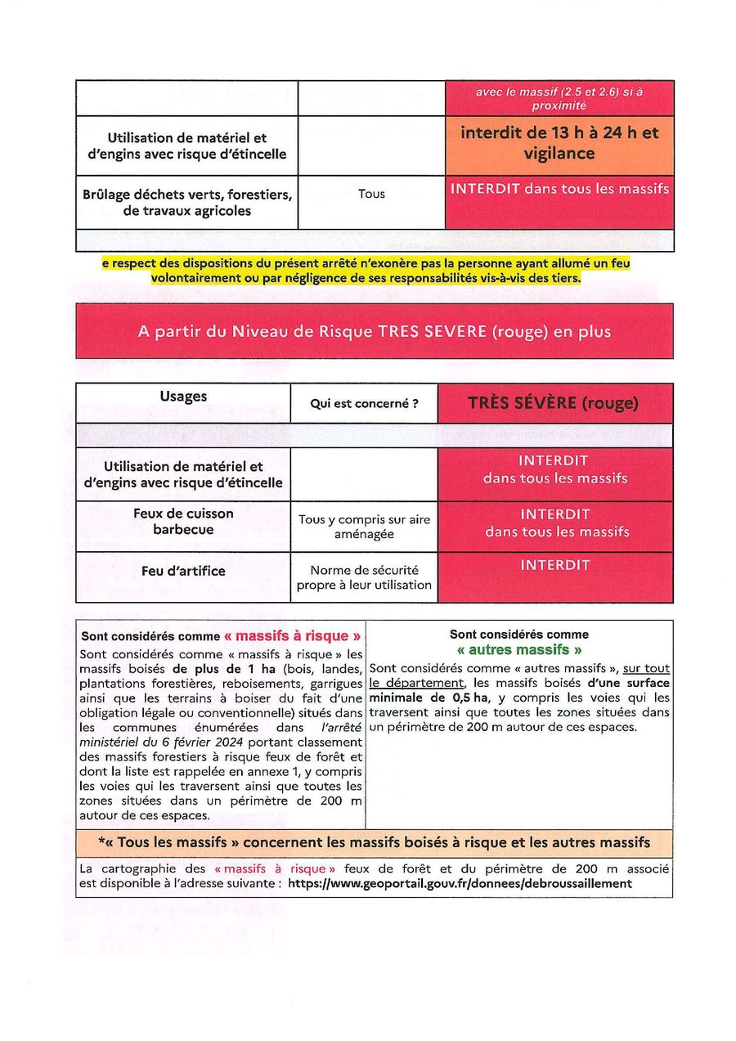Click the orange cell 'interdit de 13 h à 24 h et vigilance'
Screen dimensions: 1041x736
[559, 143]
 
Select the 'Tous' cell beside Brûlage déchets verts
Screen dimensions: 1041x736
[371, 194]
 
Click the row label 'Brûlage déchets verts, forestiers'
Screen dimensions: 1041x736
[187, 202]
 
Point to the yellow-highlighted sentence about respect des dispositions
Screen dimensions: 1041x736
[366, 271]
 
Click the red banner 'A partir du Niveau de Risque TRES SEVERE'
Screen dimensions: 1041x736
[374, 331]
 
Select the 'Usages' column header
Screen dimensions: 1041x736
[183, 397]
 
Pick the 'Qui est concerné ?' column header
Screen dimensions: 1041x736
[364, 403]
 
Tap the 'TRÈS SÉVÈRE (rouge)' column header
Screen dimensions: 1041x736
[554, 403]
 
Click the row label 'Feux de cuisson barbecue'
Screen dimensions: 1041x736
[183, 521]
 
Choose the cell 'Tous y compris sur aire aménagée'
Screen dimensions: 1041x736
[364, 527]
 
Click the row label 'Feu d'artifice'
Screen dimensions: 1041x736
[183, 570]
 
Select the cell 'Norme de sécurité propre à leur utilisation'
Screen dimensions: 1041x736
[364, 577]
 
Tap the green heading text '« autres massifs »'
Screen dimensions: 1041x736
[519, 650]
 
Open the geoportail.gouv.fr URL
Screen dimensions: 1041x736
[460, 884]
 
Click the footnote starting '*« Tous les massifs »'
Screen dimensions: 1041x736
[374, 842]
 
